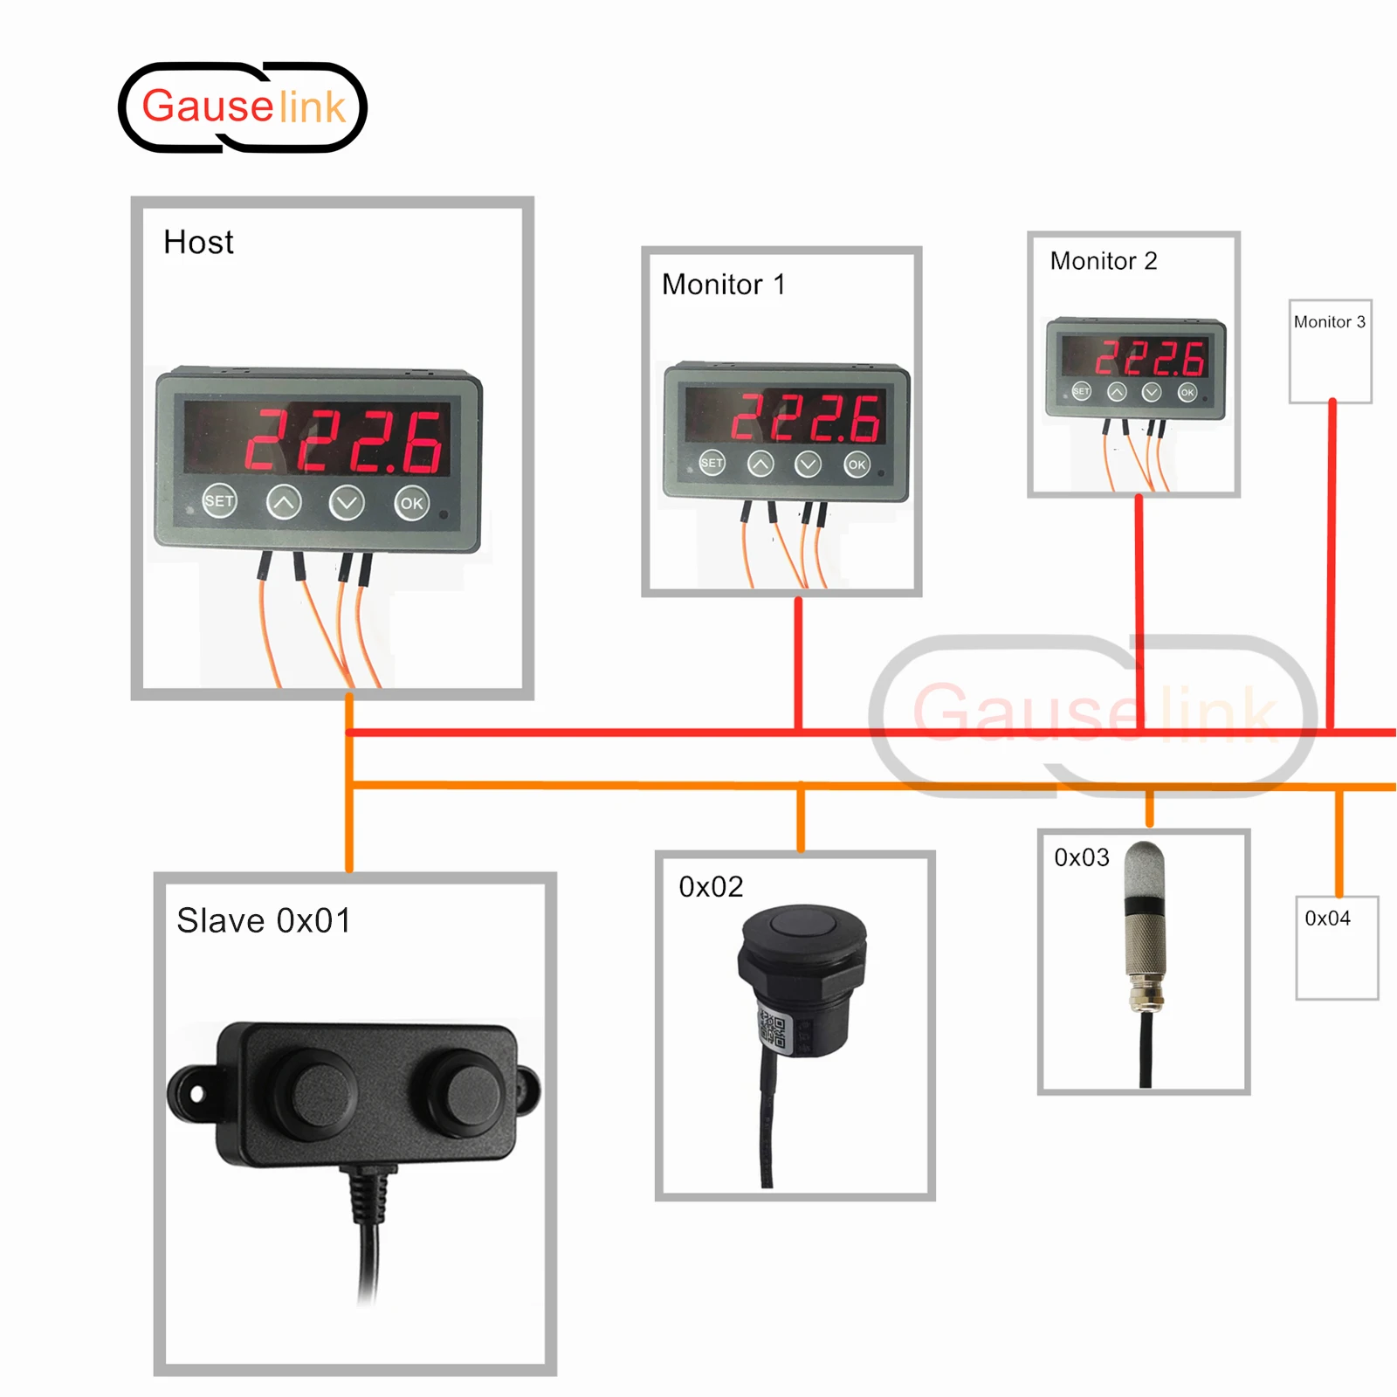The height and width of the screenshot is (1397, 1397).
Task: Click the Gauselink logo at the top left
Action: click(x=243, y=107)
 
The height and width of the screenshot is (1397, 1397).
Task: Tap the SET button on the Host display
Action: click(x=219, y=500)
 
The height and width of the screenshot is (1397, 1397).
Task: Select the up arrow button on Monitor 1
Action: click(x=760, y=464)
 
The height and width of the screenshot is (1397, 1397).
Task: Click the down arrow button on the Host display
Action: click(x=347, y=502)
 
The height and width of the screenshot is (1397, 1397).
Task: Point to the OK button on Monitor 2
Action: click(x=1187, y=392)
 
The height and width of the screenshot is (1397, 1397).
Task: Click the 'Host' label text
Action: click(x=198, y=242)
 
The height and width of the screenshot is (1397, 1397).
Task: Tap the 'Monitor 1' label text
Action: click(x=723, y=284)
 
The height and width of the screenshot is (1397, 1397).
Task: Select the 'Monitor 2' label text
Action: click(x=1103, y=260)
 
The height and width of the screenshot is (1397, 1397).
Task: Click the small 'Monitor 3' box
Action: click(x=1330, y=351)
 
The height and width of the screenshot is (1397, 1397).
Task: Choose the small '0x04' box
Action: click(x=1337, y=947)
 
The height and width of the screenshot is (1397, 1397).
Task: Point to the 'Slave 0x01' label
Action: click(x=264, y=920)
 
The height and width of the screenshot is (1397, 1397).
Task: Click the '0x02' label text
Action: click(x=711, y=886)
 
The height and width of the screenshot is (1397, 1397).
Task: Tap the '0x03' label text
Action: click(x=1081, y=857)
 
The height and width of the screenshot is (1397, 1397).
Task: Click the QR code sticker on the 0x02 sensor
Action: click(x=773, y=1028)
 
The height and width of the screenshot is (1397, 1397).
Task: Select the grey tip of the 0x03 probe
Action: click(x=1144, y=864)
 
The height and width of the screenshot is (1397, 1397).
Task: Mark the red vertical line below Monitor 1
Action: click(x=798, y=664)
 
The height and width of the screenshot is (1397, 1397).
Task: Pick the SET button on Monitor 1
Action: click(x=712, y=463)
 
